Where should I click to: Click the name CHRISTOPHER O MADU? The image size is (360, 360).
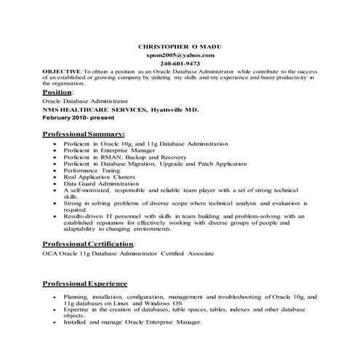(x=180, y=46)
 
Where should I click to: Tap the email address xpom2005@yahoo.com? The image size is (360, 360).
(x=180, y=55)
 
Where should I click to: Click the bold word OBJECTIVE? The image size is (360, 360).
(x=61, y=72)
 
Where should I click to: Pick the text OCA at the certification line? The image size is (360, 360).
(x=49, y=255)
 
